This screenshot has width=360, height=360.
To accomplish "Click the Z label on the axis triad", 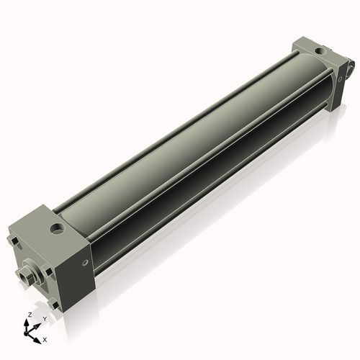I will pos(29,315).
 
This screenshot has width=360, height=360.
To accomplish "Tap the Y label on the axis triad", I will pos(45,318).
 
